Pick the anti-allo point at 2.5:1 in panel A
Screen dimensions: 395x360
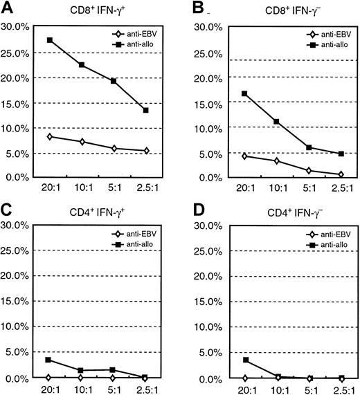coord(145,110)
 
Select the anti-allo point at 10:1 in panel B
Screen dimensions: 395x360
coord(276,122)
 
